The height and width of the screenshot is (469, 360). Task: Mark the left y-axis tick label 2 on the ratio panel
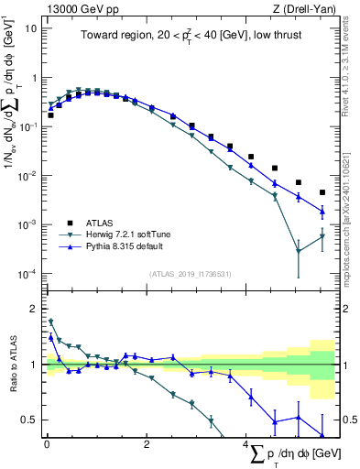pos(34,308)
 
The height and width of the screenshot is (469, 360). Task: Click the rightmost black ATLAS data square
pos(322,192)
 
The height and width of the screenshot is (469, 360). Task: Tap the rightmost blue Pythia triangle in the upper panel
pos(322,212)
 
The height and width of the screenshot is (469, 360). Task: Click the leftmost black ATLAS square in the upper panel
pos(50,115)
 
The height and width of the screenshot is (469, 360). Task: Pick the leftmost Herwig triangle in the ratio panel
pos(50,322)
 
